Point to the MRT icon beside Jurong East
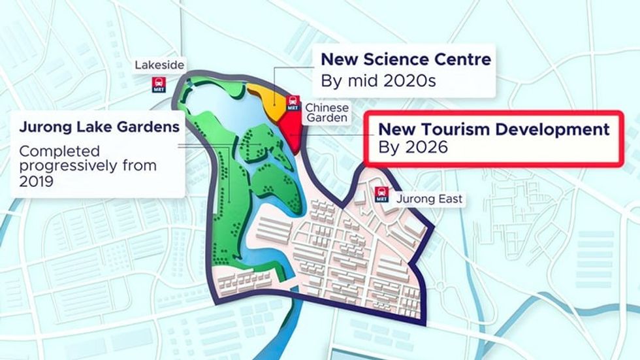click(x=381, y=194)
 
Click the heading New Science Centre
click(x=405, y=60)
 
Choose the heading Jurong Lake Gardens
click(x=99, y=127)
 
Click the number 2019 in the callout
click(x=36, y=181)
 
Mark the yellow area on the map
click(x=268, y=98)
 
